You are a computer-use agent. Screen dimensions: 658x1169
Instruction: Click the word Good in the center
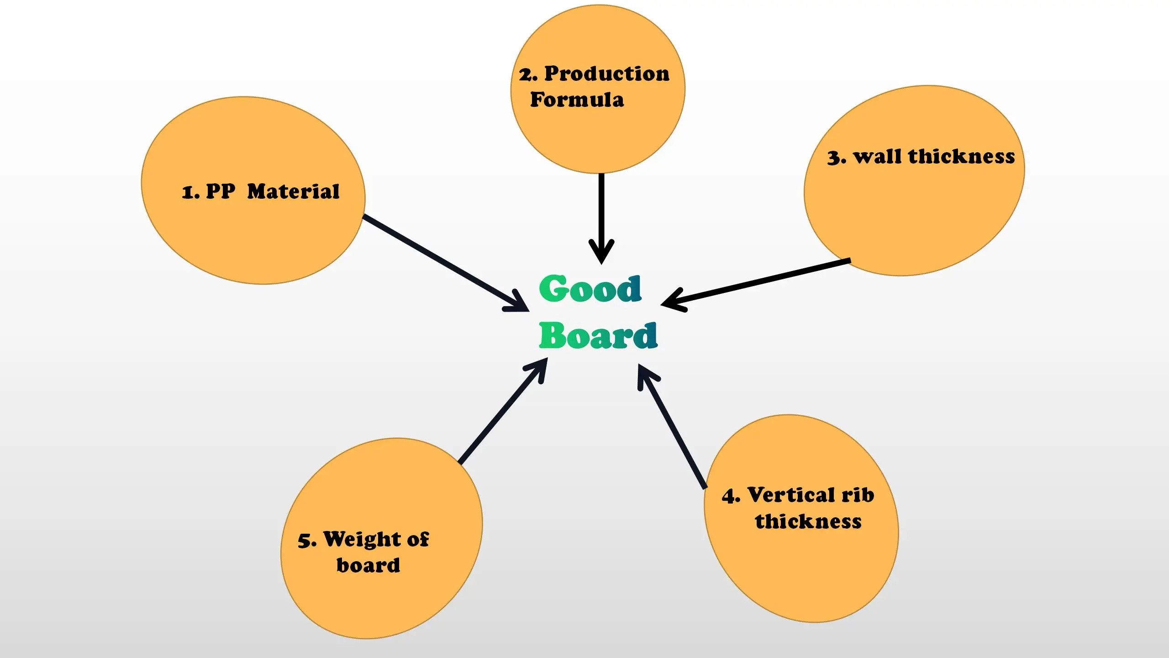tap(590, 289)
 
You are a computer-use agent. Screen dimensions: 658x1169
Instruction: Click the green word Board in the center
tap(598, 336)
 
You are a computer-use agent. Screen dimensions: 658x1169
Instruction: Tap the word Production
tap(607, 74)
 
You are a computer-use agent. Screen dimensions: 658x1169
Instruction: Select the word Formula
tap(577, 100)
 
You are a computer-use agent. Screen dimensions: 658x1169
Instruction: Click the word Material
tap(293, 192)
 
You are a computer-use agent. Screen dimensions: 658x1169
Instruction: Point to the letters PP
tap(221, 192)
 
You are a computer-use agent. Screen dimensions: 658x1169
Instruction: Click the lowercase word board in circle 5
tap(368, 566)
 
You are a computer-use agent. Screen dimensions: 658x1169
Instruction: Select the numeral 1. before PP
tap(191, 193)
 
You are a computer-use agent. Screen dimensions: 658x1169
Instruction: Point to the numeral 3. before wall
tap(837, 158)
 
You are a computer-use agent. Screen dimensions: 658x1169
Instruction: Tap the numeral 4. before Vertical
tap(731, 496)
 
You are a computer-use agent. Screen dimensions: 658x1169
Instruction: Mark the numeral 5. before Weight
tap(307, 541)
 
